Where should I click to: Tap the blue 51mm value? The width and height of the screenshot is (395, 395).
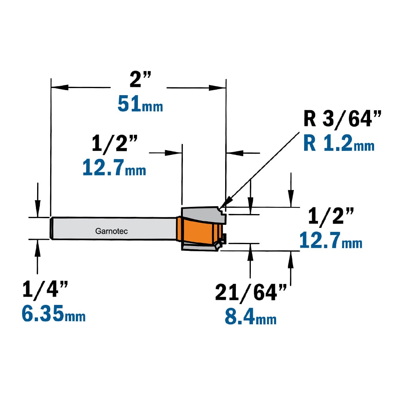tap(140, 103)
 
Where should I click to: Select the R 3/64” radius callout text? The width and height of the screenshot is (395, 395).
tap(342, 118)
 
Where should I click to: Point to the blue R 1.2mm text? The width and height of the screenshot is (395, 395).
tap(339, 143)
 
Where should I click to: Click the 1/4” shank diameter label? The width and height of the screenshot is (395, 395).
tap(45, 290)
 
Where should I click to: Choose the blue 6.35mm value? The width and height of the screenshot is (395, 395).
tap(53, 313)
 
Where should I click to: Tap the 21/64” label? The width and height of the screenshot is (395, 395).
tap(251, 293)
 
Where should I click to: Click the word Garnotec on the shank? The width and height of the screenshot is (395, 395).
tap(111, 231)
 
